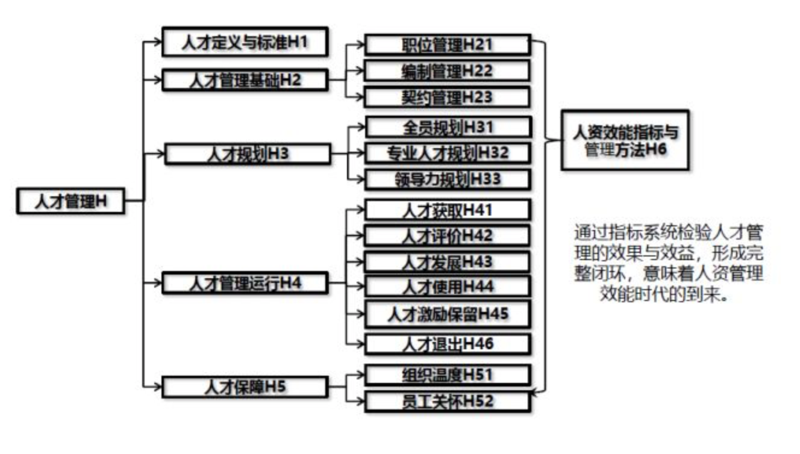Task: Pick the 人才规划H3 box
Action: pos(248,154)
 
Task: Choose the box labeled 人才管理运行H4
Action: pos(245,283)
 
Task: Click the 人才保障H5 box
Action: pos(245,386)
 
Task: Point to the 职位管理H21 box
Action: pos(447,45)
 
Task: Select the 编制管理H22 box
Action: pos(447,71)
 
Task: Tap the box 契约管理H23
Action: pos(447,97)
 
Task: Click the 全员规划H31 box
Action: pos(447,127)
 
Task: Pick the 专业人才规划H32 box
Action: pos(447,153)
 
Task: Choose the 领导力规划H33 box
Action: pos(447,179)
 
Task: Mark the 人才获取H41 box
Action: pos(447,210)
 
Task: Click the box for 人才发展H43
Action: pos(447,262)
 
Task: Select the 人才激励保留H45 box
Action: pos(447,314)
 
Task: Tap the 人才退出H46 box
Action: pos(447,344)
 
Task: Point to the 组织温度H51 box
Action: pos(447,375)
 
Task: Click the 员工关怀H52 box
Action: pos(447,401)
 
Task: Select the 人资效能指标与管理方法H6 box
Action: pos(625,140)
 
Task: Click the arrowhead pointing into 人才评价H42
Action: pos(360,236)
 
